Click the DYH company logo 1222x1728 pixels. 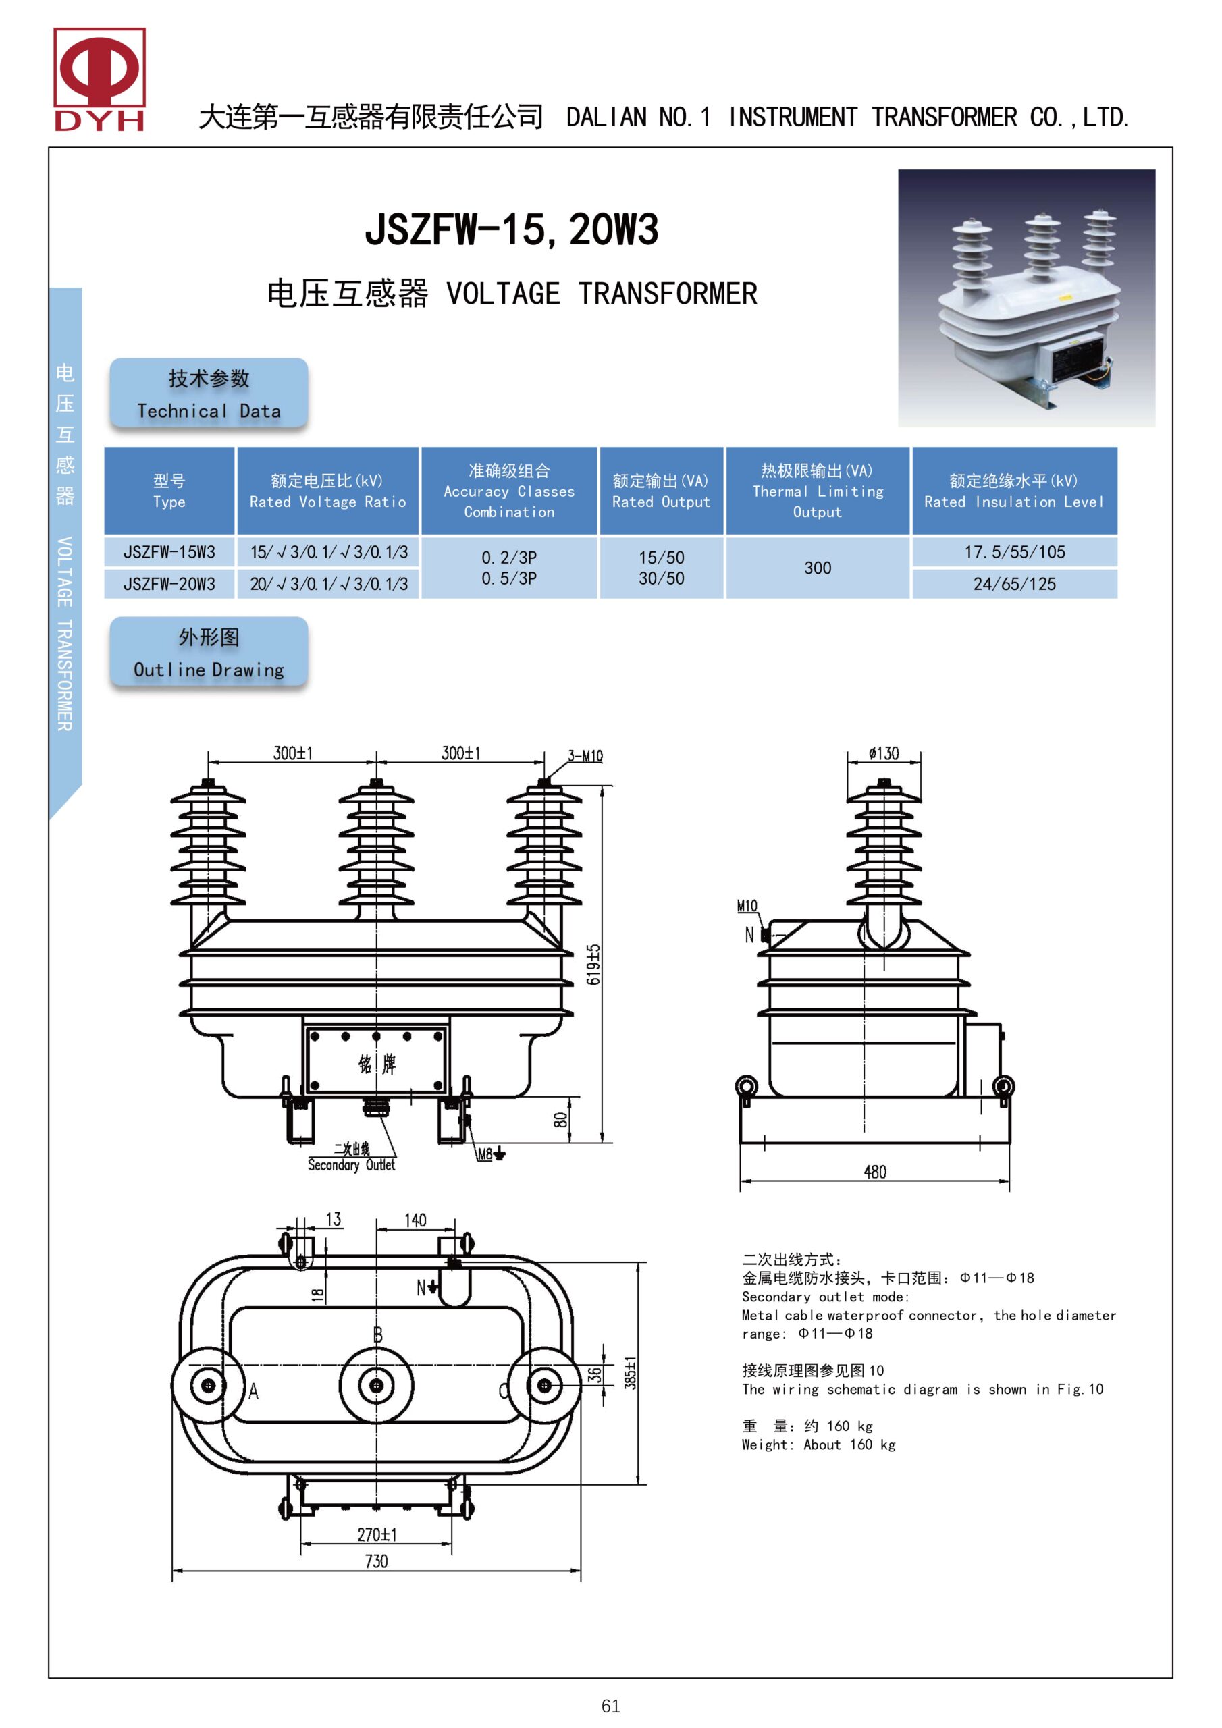(x=99, y=79)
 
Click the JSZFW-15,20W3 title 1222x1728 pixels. (x=511, y=230)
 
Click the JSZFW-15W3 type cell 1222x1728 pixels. (x=169, y=552)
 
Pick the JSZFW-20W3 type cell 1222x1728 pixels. (x=169, y=584)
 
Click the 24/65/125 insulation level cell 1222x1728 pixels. (x=1014, y=584)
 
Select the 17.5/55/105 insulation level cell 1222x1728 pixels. (x=1014, y=552)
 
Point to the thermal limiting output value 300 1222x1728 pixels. (x=817, y=568)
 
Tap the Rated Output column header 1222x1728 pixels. (x=661, y=491)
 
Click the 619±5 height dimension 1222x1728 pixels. (x=593, y=964)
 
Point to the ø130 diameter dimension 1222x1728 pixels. (x=883, y=753)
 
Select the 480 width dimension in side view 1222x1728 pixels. (x=875, y=1172)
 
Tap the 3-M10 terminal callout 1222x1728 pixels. (x=585, y=755)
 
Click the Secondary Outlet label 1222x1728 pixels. (x=351, y=1165)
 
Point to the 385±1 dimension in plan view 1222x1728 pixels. (x=630, y=1373)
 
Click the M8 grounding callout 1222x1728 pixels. (x=486, y=1154)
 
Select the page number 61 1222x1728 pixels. (x=610, y=1707)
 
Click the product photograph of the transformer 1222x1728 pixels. (x=1026, y=298)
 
